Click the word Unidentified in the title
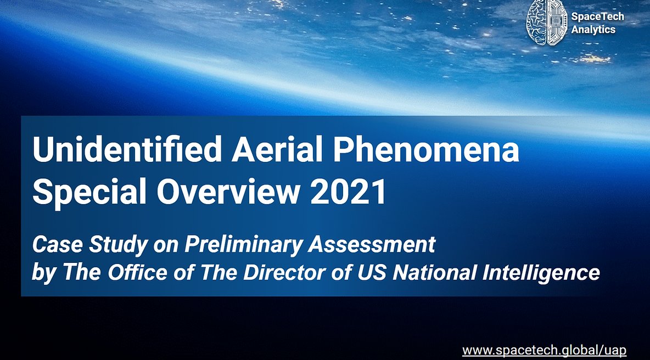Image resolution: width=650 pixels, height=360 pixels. [127, 149]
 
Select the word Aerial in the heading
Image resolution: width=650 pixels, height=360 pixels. [277, 149]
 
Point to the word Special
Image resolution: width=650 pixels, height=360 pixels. [89, 192]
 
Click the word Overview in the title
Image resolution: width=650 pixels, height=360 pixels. [228, 192]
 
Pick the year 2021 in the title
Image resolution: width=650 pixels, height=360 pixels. [348, 192]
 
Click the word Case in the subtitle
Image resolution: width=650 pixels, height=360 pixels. [57, 244]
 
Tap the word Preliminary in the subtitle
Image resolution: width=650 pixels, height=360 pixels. [243, 245]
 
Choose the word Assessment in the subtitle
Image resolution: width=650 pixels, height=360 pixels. [372, 244]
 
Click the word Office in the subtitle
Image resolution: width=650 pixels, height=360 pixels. [138, 272]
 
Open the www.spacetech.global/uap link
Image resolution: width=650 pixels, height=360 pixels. [544, 350]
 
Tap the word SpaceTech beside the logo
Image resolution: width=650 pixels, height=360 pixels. [597, 16]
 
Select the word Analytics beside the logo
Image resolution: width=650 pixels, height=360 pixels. [593, 30]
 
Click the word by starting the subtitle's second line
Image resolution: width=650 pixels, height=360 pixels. [43, 273]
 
